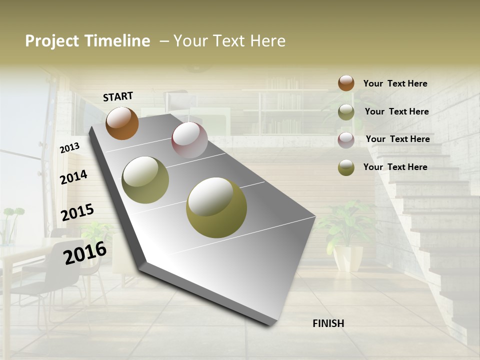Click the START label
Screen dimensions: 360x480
pyautogui.click(x=118, y=96)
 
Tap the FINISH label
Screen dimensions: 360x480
pyautogui.click(x=328, y=323)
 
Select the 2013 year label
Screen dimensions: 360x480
pyautogui.click(x=69, y=147)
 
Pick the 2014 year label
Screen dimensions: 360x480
pyautogui.click(x=73, y=177)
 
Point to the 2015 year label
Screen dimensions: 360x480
pyautogui.click(x=77, y=212)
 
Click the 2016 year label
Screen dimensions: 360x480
pyautogui.click(x=85, y=253)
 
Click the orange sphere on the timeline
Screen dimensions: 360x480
pyautogui.click(x=122, y=123)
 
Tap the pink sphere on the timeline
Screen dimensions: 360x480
pyautogui.click(x=189, y=140)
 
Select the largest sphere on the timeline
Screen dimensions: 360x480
pyautogui.click(x=216, y=207)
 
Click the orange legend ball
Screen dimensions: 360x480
pyautogui.click(x=346, y=83)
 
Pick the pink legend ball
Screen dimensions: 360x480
pyautogui.click(x=346, y=140)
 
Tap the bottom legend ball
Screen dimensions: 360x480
pyautogui.click(x=346, y=167)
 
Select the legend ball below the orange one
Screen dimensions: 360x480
pyautogui.click(x=346, y=112)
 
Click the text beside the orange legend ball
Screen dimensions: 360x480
pyautogui.click(x=395, y=83)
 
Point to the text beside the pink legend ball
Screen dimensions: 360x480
pyautogui.click(x=397, y=139)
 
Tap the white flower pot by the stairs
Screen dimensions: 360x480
pyautogui.click(x=348, y=257)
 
